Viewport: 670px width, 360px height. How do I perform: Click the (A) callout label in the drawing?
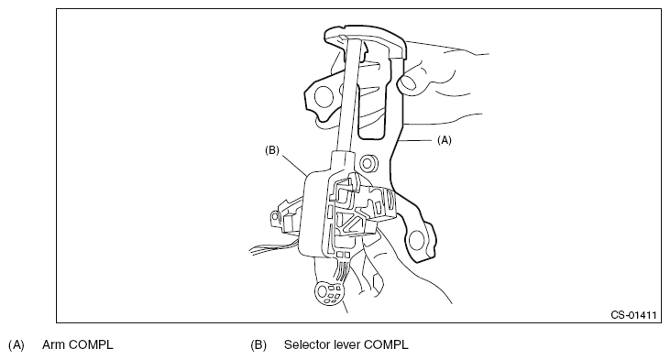(x=444, y=140)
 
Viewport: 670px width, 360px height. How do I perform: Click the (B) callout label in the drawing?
(x=272, y=150)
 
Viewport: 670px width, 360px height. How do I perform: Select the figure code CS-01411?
(x=633, y=315)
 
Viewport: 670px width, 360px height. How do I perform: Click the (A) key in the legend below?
(x=16, y=345)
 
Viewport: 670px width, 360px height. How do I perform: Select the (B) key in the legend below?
(x=258, y=345)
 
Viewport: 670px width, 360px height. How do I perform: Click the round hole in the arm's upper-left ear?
(x=324, y=96)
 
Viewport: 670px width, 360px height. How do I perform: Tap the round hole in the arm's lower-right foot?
(x=416, y=240)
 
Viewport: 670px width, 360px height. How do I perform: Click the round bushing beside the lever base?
(x=368, y=162)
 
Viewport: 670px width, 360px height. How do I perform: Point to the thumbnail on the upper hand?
(x=409, y=82)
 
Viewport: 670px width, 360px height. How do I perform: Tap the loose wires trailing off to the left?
(x=271, y=247)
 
